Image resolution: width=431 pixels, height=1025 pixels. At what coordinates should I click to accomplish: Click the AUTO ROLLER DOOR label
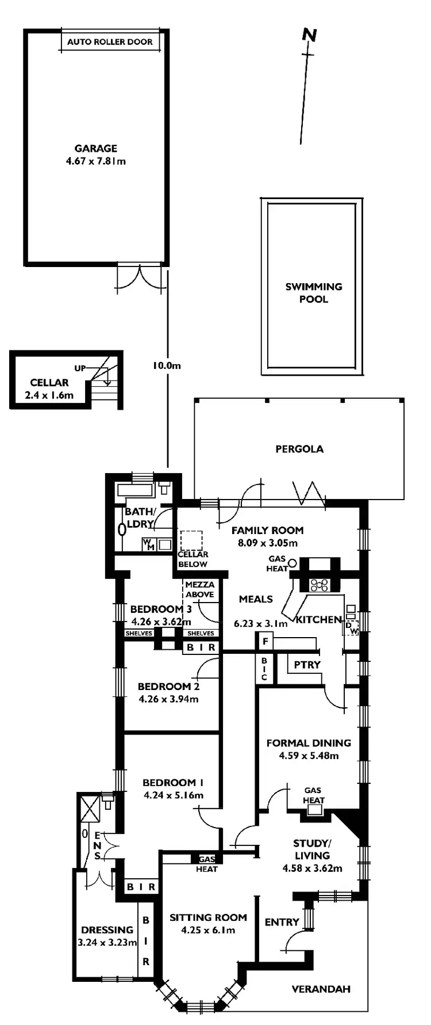[x=110, y=42]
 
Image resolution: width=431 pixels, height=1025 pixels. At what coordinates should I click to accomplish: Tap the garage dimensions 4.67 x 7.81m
[x=96, y=161]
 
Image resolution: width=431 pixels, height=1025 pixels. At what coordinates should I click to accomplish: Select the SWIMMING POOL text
[x=314, y=292]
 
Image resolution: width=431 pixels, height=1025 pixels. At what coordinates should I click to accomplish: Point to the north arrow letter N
[x=310, y=36]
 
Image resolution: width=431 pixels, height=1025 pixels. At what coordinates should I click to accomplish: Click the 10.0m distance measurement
[x=167, y=365]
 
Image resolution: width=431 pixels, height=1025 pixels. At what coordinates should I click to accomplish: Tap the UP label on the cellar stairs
[x=80, y=368]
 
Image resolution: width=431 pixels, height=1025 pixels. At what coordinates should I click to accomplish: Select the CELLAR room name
[x=49, y=383]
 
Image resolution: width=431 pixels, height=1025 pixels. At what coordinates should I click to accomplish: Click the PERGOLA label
[x=299, y=449]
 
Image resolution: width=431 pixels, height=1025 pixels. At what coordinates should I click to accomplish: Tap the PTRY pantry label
[x=307, y=665]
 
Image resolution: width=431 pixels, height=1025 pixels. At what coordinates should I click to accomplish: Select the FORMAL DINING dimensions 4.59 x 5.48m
[x=309, y=756]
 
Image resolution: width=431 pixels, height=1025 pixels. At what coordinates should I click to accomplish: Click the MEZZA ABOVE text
[x=200, y=589]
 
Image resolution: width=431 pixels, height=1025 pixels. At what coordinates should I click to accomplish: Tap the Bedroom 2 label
[x=168, y=686]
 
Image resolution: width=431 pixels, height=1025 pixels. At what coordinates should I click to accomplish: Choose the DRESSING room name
[x=107, y=929]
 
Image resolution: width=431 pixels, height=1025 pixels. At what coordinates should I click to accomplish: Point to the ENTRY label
[x=282, y=922]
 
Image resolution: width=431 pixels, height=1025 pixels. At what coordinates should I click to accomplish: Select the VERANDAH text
[x=321, y=989]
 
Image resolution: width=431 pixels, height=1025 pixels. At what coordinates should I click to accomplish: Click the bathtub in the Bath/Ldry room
[x=134, y=490]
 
